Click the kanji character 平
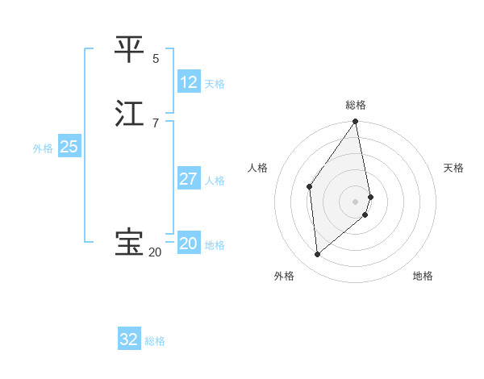coord(129,49)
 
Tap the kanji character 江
coord(129,113)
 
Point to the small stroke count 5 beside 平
coord(156,59)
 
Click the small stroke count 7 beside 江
coord(156,123)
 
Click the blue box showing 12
coord(189,82)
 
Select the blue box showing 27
coord(189,178)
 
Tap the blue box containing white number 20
coord(189,244)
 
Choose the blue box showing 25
coord(69,147)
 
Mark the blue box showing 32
coord(129,339)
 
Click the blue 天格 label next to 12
coord(215,84)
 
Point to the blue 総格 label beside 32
coord(156,341)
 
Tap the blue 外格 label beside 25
coord(43,148)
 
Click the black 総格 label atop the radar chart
coord(356,105)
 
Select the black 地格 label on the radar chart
coord(423,276)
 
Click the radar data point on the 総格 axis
coord(356,122)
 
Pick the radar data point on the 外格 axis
coord(318,254)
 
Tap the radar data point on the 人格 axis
coord(310,186)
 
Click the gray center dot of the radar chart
coord(356,201)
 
